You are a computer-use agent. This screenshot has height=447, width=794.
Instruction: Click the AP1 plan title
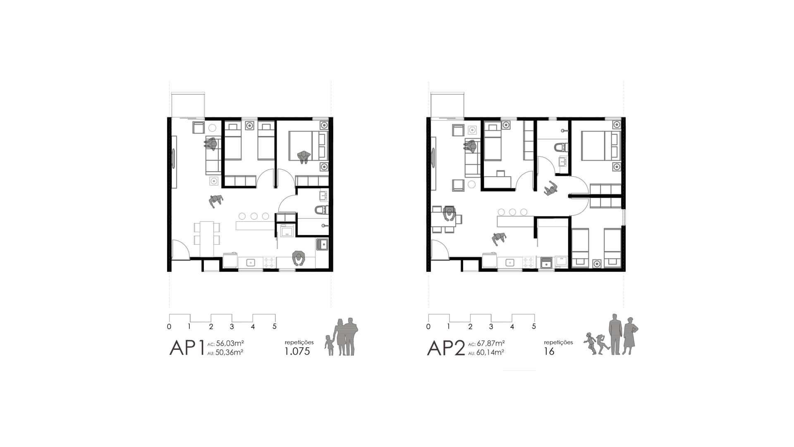coord(187,348)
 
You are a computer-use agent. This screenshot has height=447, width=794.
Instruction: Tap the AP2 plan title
coord(446,348)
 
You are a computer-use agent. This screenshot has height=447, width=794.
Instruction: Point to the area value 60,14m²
coord(490,353)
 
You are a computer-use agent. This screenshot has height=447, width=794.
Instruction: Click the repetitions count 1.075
coord(297,352)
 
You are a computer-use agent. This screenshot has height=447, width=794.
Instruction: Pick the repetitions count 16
coord(549,351)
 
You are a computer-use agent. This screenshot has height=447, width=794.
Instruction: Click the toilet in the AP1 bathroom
coord(321,210)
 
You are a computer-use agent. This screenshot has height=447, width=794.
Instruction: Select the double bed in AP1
coord(309,145)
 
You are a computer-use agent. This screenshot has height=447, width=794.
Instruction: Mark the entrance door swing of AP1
coord(181,250)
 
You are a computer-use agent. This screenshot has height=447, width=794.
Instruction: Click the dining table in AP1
coord(206,239)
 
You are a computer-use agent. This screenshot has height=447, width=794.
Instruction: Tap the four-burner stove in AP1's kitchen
coord(270,262)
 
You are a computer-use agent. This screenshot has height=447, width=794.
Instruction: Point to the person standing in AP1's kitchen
coord(298,258)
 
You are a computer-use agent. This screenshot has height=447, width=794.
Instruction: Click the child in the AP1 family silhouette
coord(330,345)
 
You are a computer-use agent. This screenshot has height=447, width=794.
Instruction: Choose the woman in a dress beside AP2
coord(629,336)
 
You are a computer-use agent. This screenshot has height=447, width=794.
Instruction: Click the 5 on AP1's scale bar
coord(274,327)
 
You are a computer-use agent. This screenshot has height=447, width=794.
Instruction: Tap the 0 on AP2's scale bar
coord(428,327)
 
